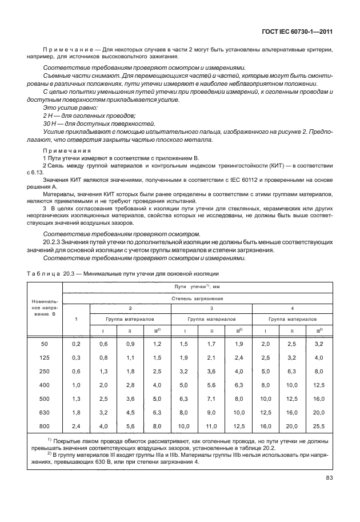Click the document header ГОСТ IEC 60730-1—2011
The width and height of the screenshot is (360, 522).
301,39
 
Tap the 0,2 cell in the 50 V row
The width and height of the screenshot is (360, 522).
75,343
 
